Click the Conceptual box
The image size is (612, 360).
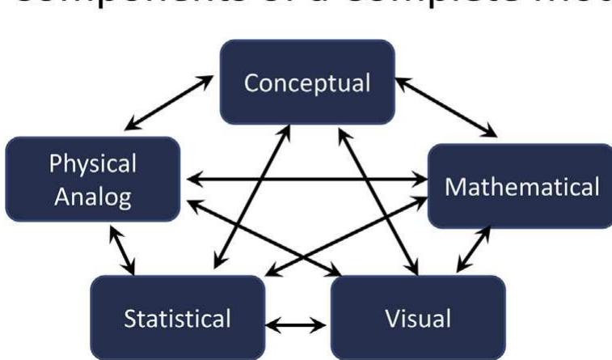click(x=307, y=82)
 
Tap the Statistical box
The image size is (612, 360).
click(x=177, y=317)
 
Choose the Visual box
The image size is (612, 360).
click(x=417, y=317)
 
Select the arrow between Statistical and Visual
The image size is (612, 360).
click(x=296, y=325)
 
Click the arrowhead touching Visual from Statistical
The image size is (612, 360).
click(x=322, y=325)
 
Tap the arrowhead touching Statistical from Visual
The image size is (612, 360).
click(x=272, y=325)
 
